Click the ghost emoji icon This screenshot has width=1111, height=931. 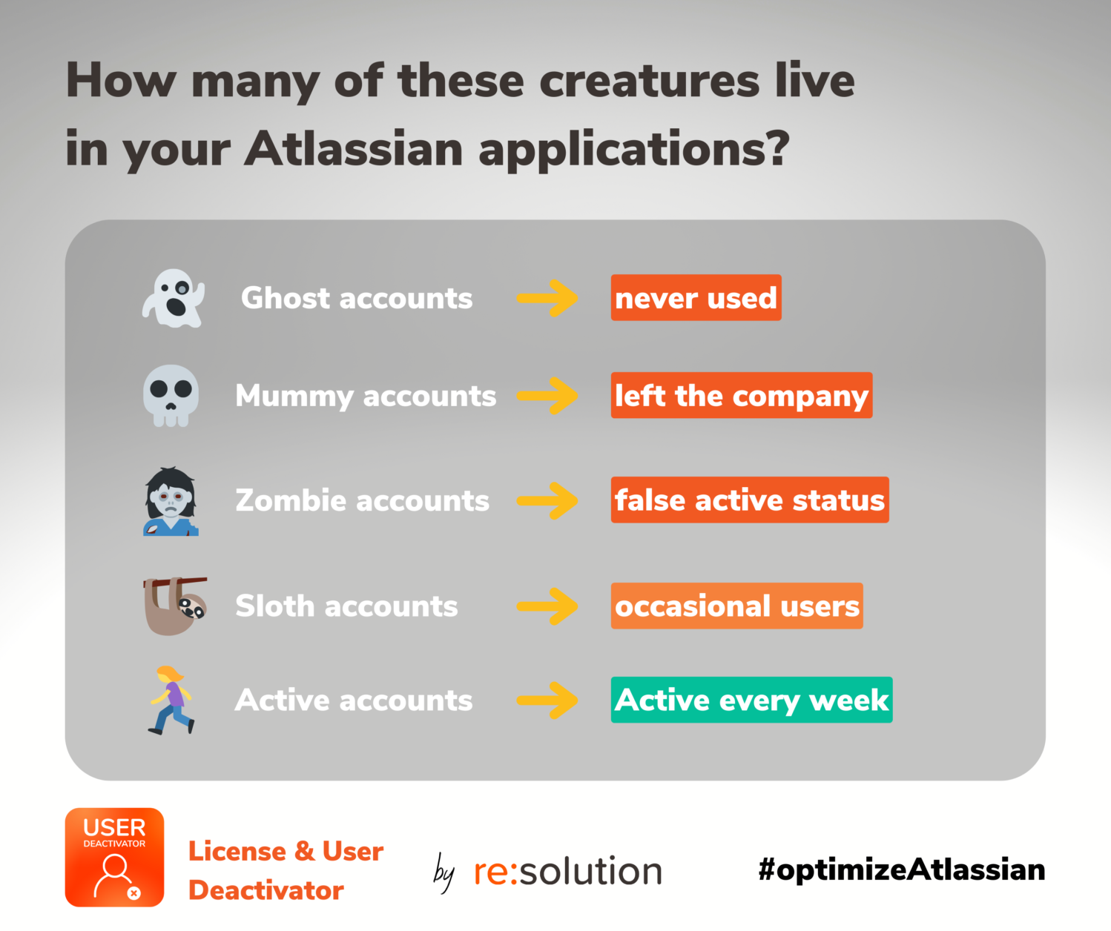[174, 298]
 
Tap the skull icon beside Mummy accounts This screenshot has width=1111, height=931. [171, 396]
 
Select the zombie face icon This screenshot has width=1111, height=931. [171, 501]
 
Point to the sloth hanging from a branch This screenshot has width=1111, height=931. [175, 606]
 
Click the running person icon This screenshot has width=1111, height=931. [171, 700]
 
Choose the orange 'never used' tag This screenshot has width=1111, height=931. [696, 298]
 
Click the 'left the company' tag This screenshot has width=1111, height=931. [742, 395]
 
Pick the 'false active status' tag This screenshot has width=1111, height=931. [750, 500]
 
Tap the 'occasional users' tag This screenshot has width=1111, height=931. [737, 606]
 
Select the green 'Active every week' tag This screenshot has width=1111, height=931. [752, 700]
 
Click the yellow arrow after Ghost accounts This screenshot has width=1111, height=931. [547, 298]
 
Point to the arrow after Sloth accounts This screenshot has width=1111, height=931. [547, 606]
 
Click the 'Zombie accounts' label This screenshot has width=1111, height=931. [363, 500]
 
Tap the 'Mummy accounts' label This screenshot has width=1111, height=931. [366, 397]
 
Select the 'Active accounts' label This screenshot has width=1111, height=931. [354, 700]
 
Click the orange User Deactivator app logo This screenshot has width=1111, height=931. [114, 857]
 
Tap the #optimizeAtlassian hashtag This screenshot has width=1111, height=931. [902, 870]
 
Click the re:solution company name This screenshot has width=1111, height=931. [568, 871]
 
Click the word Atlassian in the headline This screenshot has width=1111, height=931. [353, 150]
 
